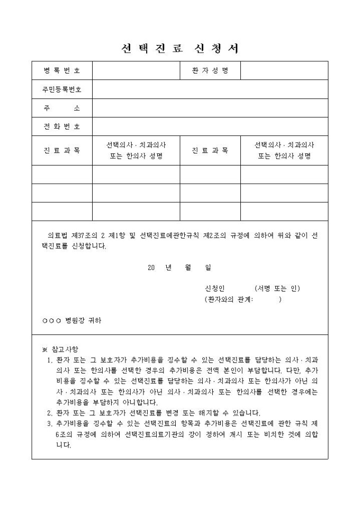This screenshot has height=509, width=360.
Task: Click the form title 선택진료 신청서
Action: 180,49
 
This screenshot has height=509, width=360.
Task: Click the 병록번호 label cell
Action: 62,71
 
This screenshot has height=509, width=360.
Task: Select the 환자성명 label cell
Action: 210,71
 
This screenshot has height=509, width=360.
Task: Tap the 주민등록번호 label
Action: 62,89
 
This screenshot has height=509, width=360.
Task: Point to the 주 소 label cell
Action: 62,108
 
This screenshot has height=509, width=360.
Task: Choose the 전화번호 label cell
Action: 62,126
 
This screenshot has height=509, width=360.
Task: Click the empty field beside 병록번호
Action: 136,71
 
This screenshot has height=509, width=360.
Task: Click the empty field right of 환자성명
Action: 284,71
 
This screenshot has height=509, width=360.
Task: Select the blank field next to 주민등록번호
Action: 210,89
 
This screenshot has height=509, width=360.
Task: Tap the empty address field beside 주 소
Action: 210,108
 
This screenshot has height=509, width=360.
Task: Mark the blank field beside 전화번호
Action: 210,126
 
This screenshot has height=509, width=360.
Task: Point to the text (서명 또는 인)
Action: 277,288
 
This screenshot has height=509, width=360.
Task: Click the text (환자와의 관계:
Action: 229,299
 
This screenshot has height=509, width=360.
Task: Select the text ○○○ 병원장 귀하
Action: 72,321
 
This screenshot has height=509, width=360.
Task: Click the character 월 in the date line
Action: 188,267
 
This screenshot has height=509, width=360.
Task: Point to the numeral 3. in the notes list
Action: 50,424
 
